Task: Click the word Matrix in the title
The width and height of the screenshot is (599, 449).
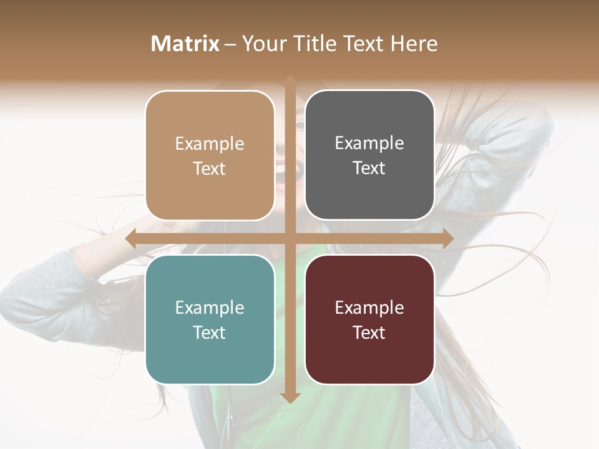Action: [185, 44]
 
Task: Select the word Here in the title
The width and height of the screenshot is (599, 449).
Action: [414, 44]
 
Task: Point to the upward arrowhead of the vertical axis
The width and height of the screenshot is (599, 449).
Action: [290, 80]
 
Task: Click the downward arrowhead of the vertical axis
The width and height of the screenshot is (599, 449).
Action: [290, 397]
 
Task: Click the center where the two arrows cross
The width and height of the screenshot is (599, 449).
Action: [290, 239]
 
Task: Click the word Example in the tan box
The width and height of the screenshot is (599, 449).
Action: [210, 144]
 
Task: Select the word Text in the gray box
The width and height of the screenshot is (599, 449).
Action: [369, 168]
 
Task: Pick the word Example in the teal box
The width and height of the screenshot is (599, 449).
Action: [210, 308]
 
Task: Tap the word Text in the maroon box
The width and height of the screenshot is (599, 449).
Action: [369, 332]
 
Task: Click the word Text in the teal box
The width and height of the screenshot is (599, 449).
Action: [210, 332]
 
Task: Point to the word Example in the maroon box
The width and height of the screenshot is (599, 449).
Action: [369, 308]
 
